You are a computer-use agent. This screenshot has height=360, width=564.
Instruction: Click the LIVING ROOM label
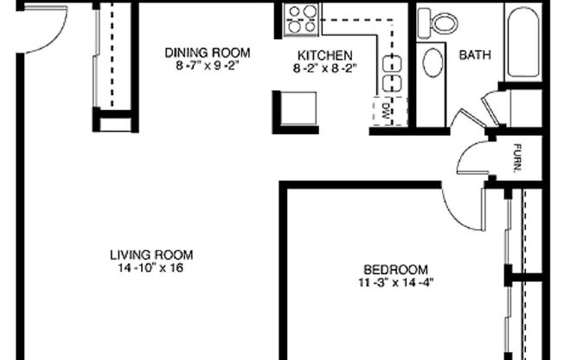151,254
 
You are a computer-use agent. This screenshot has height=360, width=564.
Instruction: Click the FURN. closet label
517,158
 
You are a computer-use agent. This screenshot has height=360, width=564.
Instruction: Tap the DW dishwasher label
388,109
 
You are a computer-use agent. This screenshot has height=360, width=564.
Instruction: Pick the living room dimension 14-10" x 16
151,267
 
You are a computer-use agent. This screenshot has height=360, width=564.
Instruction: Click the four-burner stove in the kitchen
302,19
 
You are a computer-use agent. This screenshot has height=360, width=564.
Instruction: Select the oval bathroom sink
432,63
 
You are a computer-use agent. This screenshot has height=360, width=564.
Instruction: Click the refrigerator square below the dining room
295,111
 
